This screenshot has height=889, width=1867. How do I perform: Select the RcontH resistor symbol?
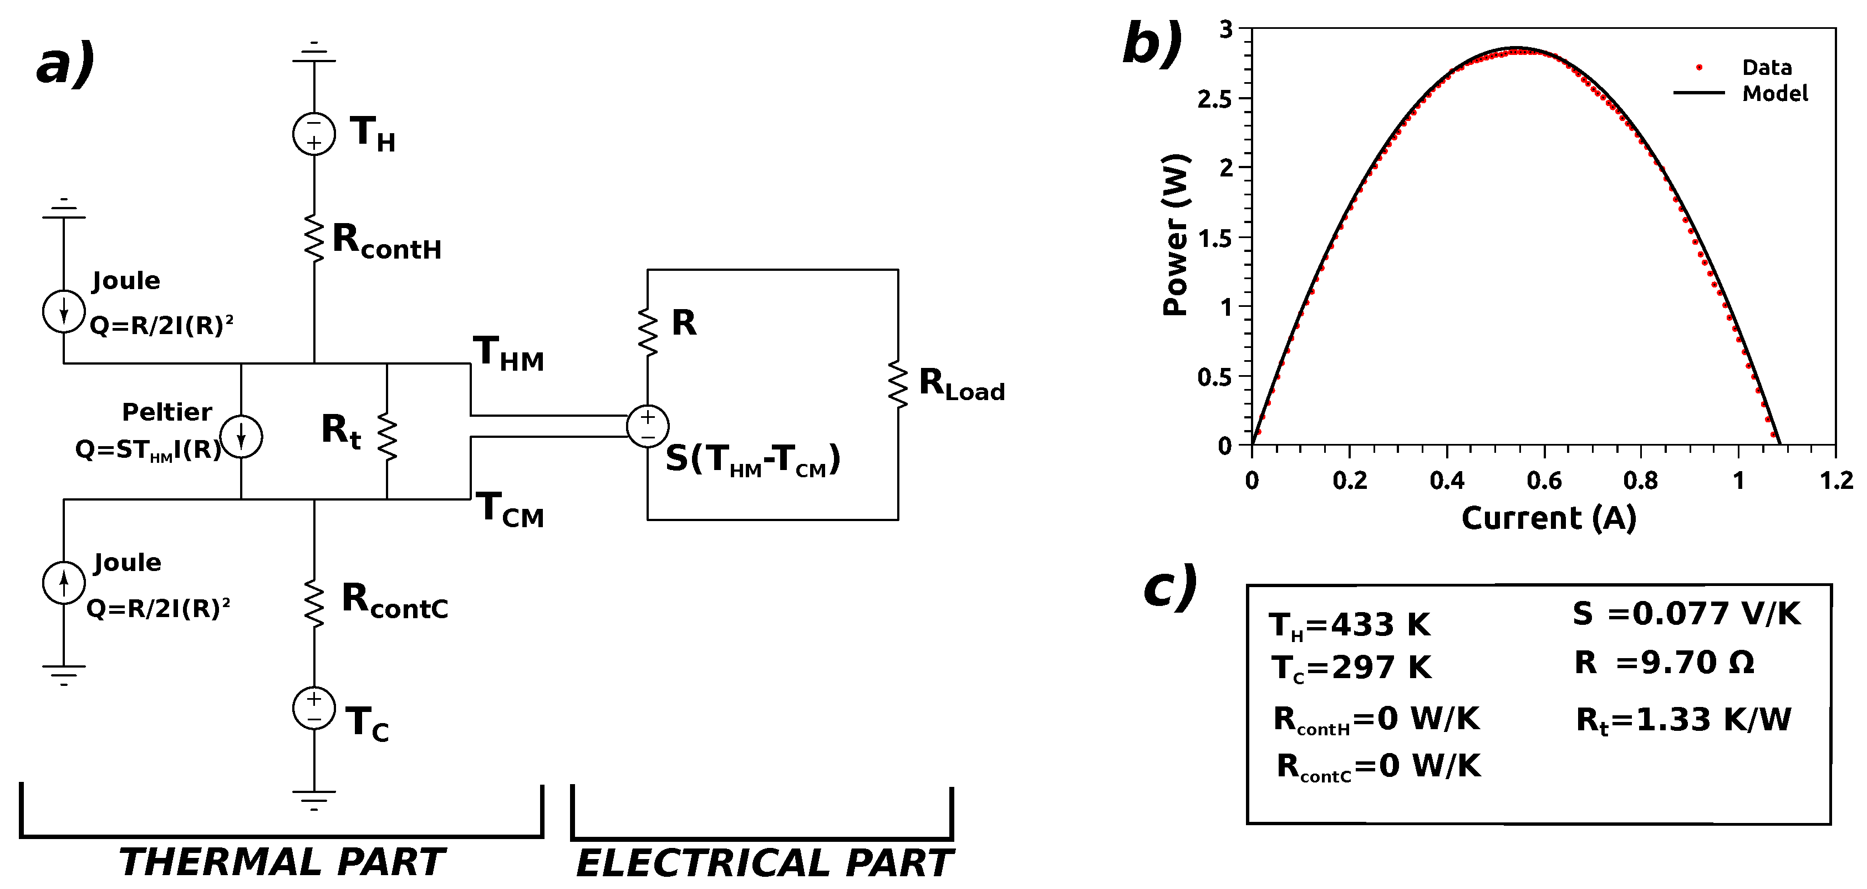point(314,238)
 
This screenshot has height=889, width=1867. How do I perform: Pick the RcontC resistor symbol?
point(314,603)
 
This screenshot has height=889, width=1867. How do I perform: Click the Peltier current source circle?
point(241,437)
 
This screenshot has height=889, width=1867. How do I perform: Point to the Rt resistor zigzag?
point(387,437)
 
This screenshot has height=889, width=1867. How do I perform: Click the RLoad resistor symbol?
point(898,385)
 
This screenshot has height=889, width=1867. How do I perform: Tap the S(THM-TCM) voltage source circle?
point(647,426)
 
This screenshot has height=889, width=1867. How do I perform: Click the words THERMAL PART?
point(281,862)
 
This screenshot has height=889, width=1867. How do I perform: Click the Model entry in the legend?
point(1774,94)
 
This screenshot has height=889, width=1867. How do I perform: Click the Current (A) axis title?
point(1548,518)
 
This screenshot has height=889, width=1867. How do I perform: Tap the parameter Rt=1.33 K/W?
point(1683,720)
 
